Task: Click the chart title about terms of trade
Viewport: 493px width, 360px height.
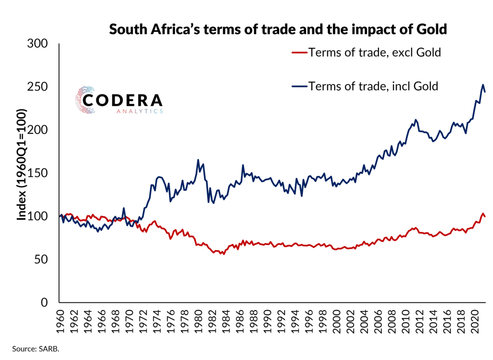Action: (278, 30)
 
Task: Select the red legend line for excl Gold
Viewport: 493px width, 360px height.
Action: (299, 53)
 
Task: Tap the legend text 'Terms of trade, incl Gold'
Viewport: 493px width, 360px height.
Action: (373, 86)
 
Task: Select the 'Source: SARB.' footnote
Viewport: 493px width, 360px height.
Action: (36, 349)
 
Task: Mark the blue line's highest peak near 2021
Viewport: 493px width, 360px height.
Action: (483, 85)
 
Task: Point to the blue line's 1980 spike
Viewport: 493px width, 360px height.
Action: (198, 160)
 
